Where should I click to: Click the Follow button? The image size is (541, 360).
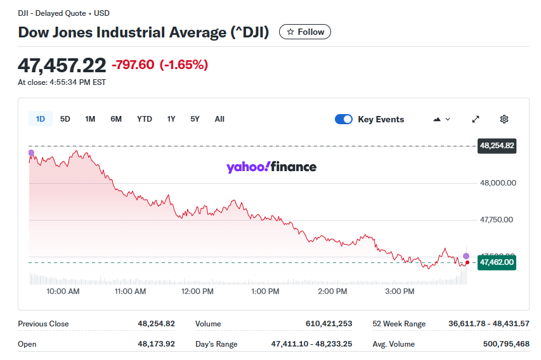304,32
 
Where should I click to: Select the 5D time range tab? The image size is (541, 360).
65,119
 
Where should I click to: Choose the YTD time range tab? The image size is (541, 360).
145,119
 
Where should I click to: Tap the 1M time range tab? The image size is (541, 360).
90,119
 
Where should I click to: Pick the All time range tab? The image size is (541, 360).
219,119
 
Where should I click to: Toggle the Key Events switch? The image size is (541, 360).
344,119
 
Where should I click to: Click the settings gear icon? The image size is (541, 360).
504,119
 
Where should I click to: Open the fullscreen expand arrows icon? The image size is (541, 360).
476,119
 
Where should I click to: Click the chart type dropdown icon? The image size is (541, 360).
441,119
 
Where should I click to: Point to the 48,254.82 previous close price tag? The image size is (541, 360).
497,146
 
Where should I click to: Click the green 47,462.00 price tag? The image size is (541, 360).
497,262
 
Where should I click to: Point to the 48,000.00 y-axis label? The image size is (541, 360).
498,183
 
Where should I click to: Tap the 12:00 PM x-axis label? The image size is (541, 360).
197,292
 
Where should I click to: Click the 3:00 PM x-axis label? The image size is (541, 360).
400,292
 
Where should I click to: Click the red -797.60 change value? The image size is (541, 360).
133,65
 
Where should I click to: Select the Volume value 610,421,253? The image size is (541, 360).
329,324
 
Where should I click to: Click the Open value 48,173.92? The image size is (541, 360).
156,344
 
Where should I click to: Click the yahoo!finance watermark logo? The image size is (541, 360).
271,167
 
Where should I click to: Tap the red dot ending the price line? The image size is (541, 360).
467,262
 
